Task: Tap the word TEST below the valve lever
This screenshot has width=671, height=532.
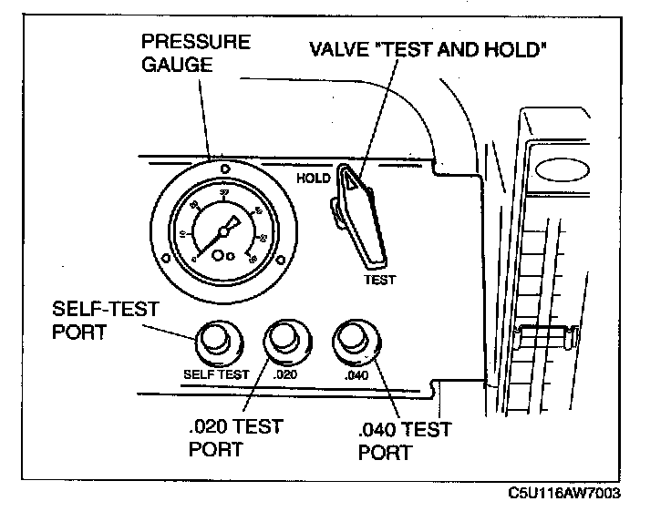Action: tap(379, 281)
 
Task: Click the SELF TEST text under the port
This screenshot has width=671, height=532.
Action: tap(216, 373)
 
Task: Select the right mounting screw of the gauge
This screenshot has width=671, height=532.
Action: tap(282, 259)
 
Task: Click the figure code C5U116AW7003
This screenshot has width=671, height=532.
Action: tap(564, 493)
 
